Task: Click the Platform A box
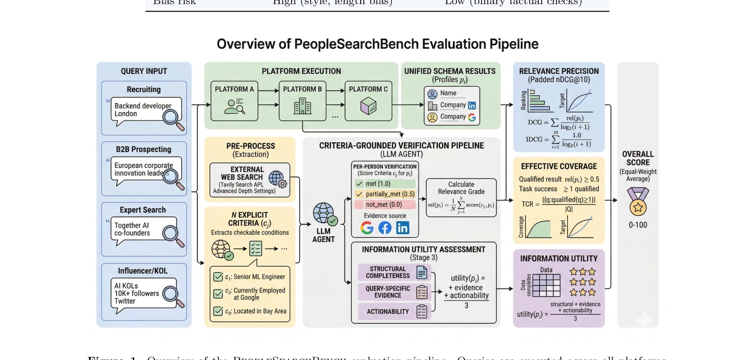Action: tap(234, 101)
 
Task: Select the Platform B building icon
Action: tap(303, 106)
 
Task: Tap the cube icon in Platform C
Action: tap(368, 106)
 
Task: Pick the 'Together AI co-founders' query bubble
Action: tap(140, 229)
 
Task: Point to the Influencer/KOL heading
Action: tap(143, 271)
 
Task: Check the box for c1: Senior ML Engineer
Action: tap(218, 277)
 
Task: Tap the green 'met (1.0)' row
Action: tap(384, 184)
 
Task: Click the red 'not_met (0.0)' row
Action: tap(384, 205)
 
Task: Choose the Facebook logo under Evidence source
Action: tap(385, 228)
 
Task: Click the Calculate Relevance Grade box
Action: tap(461, 197)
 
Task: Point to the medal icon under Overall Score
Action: tap(638, 202)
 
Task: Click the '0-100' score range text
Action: tap(638, 225)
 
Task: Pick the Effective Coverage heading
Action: tap(559, 166)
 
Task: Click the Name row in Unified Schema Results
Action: tap(448, 93)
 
